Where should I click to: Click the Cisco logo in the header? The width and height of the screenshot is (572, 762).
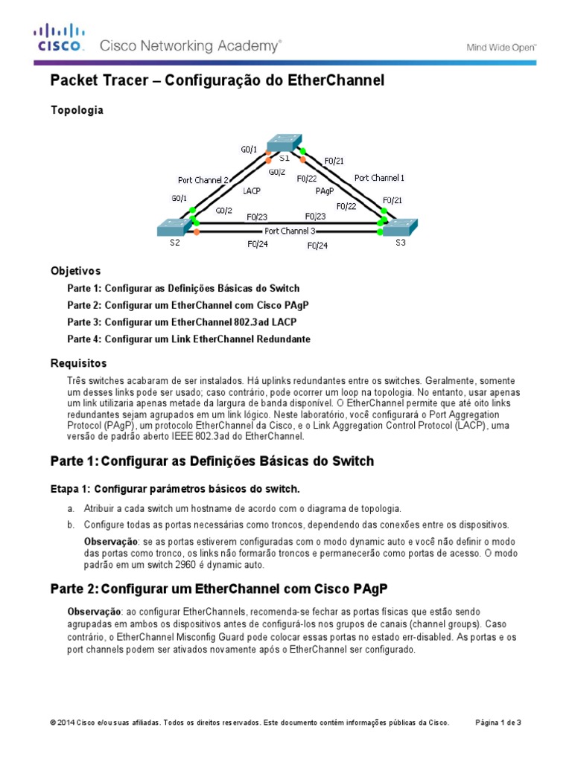[60, 37]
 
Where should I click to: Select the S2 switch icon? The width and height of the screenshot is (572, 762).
[174, 226]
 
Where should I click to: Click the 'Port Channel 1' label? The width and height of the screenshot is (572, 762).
[380, 178]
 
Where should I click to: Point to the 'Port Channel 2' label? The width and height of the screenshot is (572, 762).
[203, 179]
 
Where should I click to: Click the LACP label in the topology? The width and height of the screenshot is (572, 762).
[252, 191]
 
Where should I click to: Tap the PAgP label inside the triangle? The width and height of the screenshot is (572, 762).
[325, 191]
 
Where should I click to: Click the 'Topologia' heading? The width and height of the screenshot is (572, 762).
[77, 110]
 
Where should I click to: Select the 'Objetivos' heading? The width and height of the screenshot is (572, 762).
[75, 271]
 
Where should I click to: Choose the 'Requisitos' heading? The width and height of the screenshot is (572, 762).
[78, 363]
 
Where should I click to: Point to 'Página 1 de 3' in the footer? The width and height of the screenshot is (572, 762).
[498, 722]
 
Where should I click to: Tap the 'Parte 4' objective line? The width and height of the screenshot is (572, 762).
[188, 339]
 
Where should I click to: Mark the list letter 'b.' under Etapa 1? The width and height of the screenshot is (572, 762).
[71, 525]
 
